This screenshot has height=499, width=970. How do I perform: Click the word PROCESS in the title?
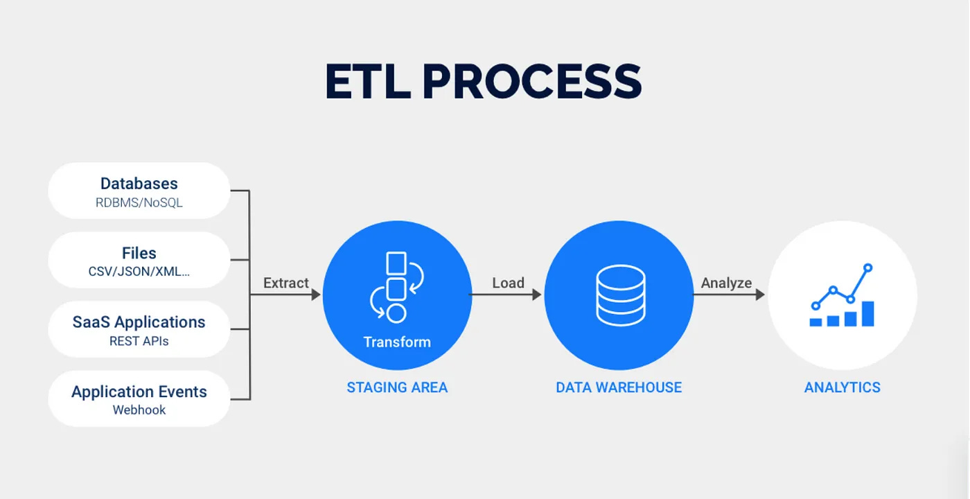[531, 82]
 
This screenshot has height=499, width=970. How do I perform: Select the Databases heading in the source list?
[139, 184]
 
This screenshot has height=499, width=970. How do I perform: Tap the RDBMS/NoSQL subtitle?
[139, 203]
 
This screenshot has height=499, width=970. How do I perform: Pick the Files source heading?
[139, 253]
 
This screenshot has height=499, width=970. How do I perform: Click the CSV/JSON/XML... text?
[139, 272]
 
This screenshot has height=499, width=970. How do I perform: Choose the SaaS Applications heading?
[139, 322]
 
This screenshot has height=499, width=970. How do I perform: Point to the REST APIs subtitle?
[139, 341]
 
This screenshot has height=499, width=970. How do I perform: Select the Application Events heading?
[139, 392]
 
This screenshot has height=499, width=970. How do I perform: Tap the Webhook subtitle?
[139, 410]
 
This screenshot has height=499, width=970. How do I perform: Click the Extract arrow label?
[285, 283]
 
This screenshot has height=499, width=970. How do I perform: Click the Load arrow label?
[508, 283]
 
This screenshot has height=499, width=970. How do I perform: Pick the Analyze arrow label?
[726, 283]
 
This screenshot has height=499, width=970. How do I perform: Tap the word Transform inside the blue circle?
[397, 342]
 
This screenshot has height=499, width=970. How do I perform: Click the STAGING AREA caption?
[397, 387]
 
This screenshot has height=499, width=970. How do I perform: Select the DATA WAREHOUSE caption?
[619, 387]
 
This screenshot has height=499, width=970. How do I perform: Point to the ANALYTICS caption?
[842, 387]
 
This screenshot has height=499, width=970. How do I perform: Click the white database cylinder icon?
[620, 295]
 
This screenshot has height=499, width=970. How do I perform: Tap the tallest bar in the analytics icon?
[867, 313]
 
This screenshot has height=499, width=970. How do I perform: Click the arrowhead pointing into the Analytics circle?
[760, 295]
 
